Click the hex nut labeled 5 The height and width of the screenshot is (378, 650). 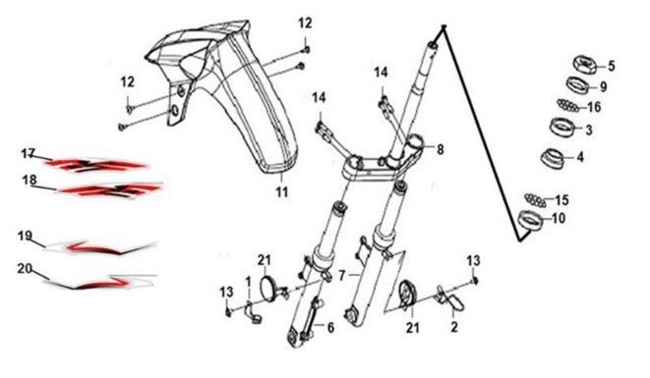[585, 64]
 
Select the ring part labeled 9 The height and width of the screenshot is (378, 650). [578, 84]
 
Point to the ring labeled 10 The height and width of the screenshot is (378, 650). [531, 219]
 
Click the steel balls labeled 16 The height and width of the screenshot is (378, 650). [568, 105]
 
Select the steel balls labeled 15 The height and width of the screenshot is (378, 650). [535, 200]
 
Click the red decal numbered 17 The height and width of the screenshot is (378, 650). [96, 165]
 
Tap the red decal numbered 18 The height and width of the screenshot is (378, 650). [110, 190]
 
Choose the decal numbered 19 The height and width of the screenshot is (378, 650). [100, 247]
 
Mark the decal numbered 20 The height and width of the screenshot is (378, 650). [99, 281]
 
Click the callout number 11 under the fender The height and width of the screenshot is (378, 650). [282, 192]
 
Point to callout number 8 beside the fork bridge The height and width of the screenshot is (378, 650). [440, 149]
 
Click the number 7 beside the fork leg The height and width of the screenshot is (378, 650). [341, 275]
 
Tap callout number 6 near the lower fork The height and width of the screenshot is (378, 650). [330, 328]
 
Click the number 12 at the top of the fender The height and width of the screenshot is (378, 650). [305, 24]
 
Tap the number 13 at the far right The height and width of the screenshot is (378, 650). [473, 260]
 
